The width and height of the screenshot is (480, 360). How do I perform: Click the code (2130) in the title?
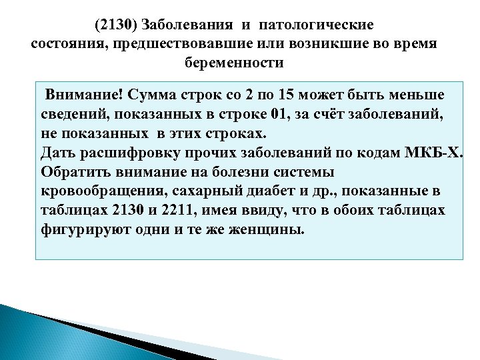(x=113, y=25)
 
